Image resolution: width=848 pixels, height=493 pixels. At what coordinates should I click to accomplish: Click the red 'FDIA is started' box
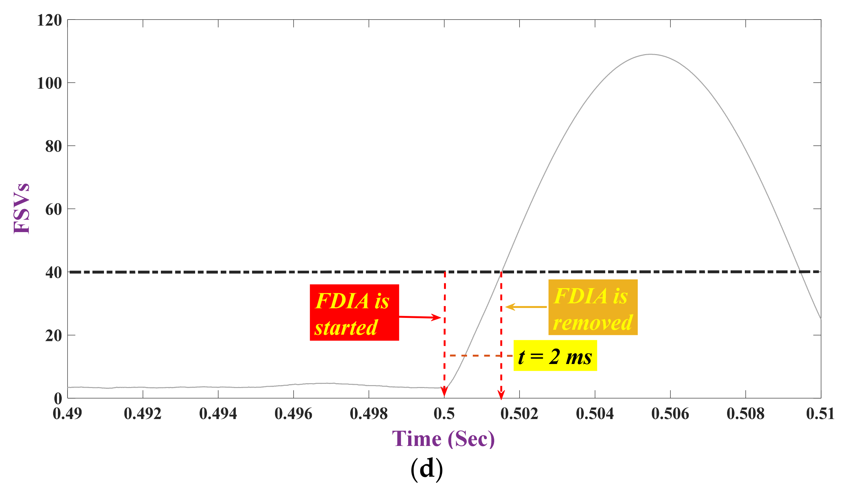coord(354,312)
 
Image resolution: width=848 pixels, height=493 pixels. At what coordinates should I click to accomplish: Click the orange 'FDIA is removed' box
coord(593,307)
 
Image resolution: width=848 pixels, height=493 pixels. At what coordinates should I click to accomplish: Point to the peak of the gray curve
coord(651,54)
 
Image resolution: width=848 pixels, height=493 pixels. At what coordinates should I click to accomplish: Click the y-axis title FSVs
coord(21,209)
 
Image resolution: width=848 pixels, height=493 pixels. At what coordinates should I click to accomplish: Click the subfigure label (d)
coord(426,469)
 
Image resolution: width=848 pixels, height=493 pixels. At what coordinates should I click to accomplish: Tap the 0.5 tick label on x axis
coord(444,414)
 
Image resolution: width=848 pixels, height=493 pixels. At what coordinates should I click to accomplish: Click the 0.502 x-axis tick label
coord(519,414)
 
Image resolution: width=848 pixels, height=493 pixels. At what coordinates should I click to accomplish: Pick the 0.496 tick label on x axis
coord(293,414)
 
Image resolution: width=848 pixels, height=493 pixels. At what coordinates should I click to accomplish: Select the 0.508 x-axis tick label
coord(745,414)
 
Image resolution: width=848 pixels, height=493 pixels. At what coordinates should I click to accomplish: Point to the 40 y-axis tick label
coord(53,272)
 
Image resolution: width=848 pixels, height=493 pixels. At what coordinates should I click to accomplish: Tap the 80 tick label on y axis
coord(53,146)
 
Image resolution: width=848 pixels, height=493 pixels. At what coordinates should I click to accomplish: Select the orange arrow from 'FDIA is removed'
coord(526,307)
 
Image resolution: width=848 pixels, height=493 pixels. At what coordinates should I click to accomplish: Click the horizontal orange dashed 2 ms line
coord(478,356)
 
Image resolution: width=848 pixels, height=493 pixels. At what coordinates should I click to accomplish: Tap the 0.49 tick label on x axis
coord(67,414)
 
